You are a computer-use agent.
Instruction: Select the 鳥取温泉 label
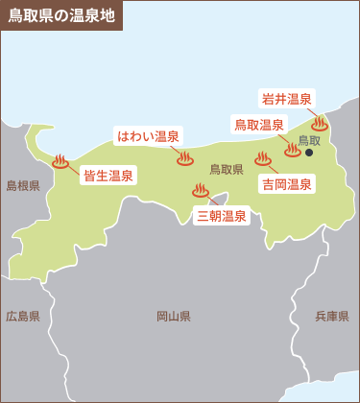pyautogui.click(x=260, y=125)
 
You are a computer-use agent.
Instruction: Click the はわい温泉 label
pyautogui.click(x=149, y=135)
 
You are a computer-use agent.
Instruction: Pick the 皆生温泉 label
pyautogui.click(x=108, y=175)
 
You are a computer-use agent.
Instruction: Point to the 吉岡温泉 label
pyautogui.click(x=286, y=183)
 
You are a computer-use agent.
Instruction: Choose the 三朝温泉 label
pyautogui.click(x=221, y=216)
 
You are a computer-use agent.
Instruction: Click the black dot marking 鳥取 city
pyautogui.click(x=310, y=153)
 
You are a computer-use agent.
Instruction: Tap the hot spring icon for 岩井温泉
pyautogui.click(x=320, y=123)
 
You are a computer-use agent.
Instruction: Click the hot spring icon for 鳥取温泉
pyautogui.click(x=293, y=149)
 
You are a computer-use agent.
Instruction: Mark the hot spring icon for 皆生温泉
pyautogui.click(x=62, y=161)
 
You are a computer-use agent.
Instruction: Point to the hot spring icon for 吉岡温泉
pyautogui.click(x=263, y=159)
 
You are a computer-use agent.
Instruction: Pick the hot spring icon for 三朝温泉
pyautogui.click(x=200, y=191)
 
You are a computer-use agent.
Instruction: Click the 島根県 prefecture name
pyautogui.click(x=23, y=185)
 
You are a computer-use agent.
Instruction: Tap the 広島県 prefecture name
pyautogui.click(x=23, y=316)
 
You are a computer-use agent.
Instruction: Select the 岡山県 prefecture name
pyautogui.click(x=173, y=316)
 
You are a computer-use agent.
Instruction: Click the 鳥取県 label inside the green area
pyautogui.click(x=227, y=169)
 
